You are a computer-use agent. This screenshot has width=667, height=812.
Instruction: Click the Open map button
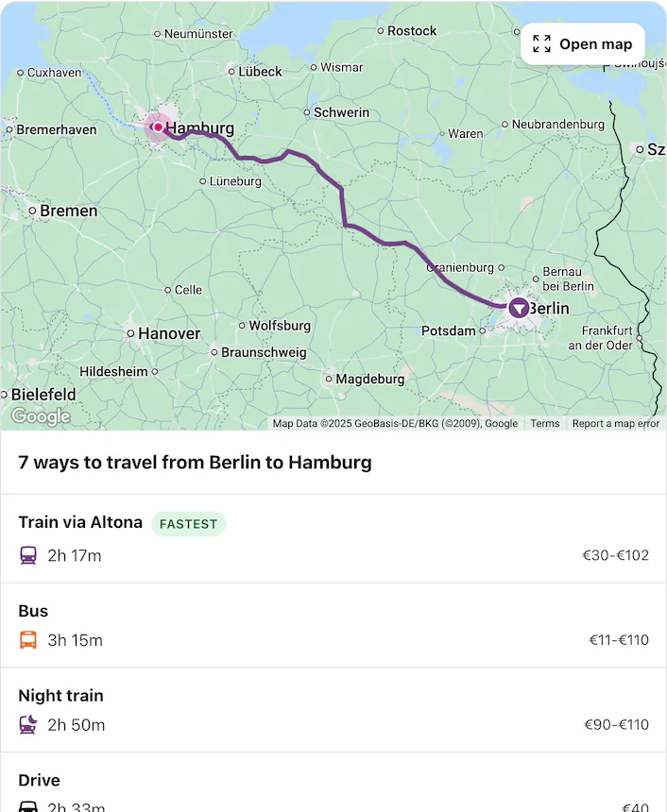coord(583,44)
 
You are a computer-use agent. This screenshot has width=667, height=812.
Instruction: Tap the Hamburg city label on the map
coord(199,128)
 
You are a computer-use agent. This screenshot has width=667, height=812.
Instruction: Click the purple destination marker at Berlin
coord(519,308)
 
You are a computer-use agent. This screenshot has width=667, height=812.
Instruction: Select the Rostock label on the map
coord(412,31)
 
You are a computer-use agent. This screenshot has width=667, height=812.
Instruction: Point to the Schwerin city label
coord(341,112)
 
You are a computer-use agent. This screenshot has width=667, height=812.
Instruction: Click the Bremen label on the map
coord(68,211)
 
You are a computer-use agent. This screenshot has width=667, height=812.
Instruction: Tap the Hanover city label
coord(169,333)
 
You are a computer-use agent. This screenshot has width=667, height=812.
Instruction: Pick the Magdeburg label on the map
coord(370,380)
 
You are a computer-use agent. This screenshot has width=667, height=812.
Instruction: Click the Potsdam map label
coord(448,331)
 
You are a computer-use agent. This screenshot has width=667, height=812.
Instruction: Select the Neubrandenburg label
coord(557,125)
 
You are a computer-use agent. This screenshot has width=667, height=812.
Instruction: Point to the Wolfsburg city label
coord(280,326)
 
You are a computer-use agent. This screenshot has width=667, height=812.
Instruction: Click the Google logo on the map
coord(41,416)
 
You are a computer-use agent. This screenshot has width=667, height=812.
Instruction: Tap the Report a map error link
coord(616,424)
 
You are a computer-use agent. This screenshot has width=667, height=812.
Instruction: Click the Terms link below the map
coord(545,424)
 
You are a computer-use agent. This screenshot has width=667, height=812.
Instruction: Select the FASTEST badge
coord(188,523)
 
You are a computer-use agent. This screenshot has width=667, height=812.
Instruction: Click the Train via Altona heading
coord(80,522)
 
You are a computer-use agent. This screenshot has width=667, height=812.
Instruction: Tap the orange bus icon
coord(28,640)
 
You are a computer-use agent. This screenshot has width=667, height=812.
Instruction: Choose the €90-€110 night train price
coord(616,725)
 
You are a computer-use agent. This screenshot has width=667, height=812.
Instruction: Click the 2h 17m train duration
coord(74,555)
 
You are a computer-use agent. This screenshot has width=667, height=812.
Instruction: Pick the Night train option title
coord(60,696)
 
